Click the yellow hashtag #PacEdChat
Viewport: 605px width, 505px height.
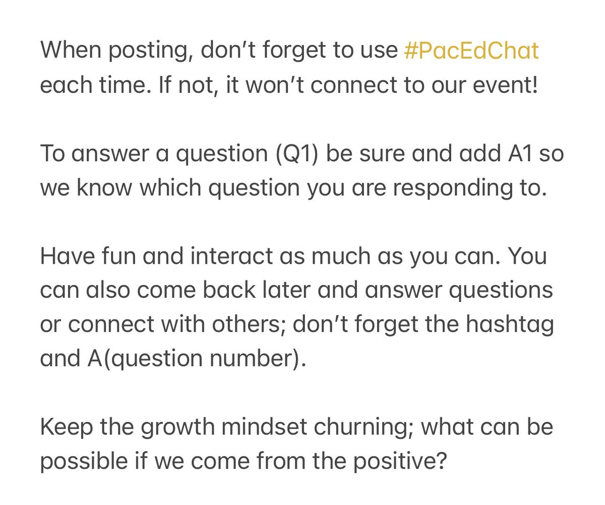(x=471, y=51)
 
